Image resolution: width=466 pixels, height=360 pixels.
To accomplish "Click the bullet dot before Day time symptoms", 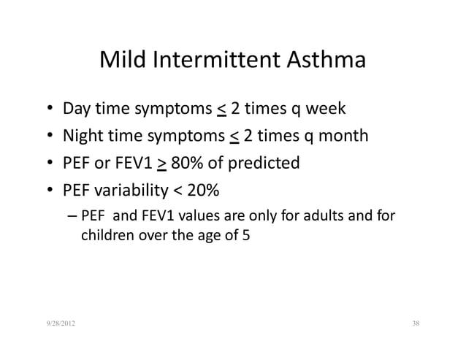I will [x=47, y=111].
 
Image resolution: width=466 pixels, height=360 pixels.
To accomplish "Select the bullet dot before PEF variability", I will [x=47, y=190].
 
